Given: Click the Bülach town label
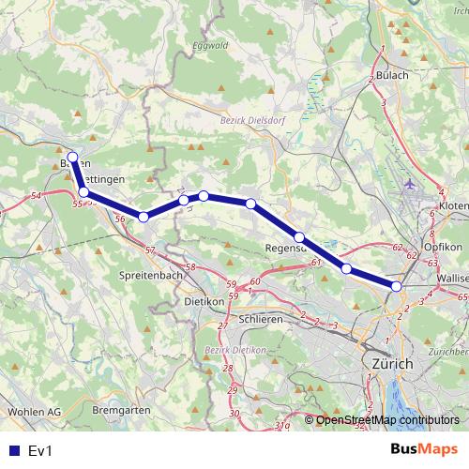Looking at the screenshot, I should tap(391, 75).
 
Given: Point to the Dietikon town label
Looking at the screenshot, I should tap(204, 302).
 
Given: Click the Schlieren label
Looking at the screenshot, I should tap(261, 319).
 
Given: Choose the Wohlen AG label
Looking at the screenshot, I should tap(34, 411).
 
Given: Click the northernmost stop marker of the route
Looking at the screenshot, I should tap(72, 157).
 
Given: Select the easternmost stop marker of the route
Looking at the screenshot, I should tap(397, 286).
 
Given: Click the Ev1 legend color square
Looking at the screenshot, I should tap(12, 450).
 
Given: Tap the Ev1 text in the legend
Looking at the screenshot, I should tap(39, 450).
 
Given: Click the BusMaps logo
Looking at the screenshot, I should tap(423, 449).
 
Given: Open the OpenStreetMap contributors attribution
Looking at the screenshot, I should tap(386, 420).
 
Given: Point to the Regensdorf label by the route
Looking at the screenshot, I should tap(286, 249).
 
